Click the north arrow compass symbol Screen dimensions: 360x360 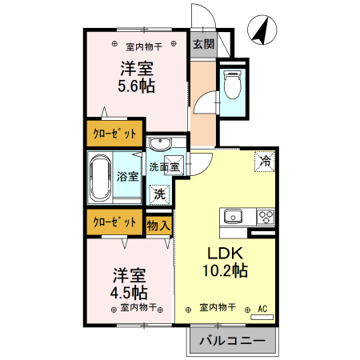coord(260,30)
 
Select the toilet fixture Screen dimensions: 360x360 coord(233,83)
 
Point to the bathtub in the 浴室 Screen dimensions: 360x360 coord(102,179)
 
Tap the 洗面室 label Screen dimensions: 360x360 coord(164,167)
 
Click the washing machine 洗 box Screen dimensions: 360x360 coord(160,193)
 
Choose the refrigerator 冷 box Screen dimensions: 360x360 coord(264,161)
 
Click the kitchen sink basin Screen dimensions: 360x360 coord(234,216)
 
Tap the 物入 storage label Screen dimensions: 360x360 coord(158,226)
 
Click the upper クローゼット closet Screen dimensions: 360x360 coord(115,133)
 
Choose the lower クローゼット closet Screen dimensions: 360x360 coord(115,222)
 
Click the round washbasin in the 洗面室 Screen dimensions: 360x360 coord(159,145)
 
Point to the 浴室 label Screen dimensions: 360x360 coord(128,176)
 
